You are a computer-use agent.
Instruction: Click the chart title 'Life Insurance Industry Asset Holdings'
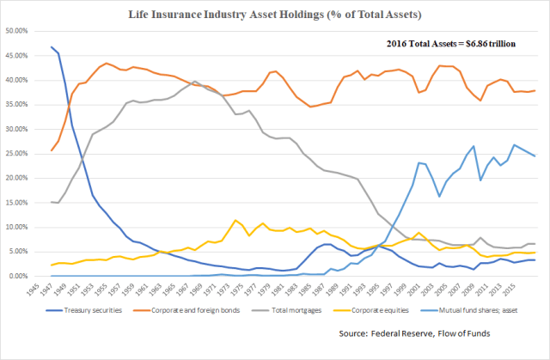click(274, 15)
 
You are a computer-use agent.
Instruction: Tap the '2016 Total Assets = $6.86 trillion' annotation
click(451, 42)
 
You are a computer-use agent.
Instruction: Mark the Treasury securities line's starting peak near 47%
click(52, 46)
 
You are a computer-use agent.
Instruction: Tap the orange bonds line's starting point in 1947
click(52, 150)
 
